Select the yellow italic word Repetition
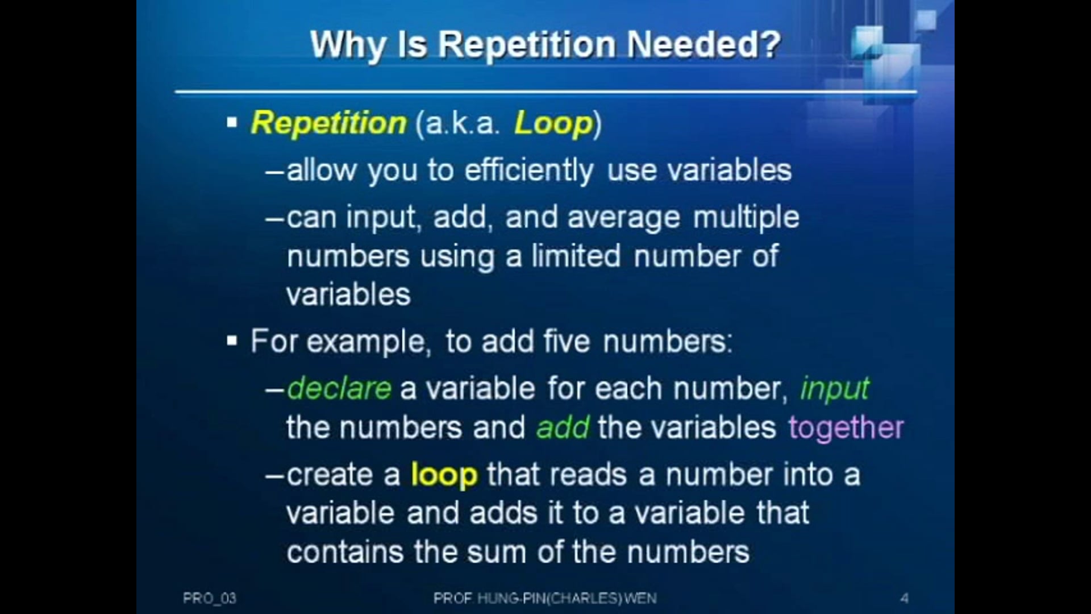tap(328, 123)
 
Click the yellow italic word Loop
tap(553, 123)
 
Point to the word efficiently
tap(528, 171)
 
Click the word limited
tap(576, 256)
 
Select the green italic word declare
tap(339, 388)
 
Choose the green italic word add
tap(563, 428)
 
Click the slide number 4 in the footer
tap(904, 598)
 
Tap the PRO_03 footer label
tap(210, 598)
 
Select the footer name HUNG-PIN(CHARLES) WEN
tap(567, 598)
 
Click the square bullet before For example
tap(232, 341)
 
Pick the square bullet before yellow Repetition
tap(232, 122)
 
